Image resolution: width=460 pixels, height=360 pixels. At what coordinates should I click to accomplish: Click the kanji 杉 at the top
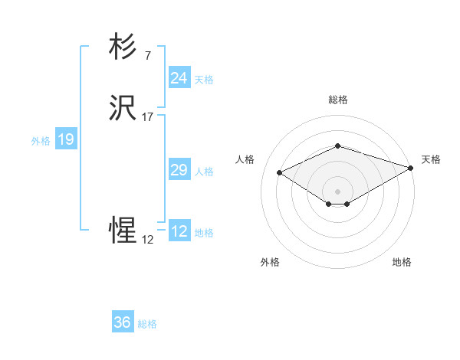[123, 48]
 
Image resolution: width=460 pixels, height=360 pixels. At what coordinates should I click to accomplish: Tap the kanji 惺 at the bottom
[123, 230]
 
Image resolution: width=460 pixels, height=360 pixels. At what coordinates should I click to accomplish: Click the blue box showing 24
[179, 78]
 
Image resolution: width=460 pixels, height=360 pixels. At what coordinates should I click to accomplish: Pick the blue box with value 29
[179, 170]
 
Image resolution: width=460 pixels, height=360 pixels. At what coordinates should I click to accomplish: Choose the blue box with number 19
[65, 139]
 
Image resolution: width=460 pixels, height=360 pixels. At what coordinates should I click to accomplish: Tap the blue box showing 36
[122, 322]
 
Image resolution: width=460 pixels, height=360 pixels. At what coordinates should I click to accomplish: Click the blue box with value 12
[179, 231]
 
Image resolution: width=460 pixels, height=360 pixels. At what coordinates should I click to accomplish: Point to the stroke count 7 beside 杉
[147, 56]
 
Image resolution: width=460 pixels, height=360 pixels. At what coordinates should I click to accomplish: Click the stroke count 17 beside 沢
[147, 117]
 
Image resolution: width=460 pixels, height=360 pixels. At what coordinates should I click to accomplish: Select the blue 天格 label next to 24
[204, 80]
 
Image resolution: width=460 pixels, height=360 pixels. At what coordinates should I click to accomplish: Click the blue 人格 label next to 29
[204, 172]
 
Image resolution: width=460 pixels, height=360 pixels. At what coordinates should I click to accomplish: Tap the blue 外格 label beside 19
[41, 141]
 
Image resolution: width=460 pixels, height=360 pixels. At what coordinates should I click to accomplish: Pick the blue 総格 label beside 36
[147, 324]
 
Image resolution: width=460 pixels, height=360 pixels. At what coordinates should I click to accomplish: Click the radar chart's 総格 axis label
[338, 100]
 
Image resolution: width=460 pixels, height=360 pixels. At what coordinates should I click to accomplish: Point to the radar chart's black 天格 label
[431, 159]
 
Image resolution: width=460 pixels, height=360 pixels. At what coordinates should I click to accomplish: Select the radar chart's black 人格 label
[245, 159]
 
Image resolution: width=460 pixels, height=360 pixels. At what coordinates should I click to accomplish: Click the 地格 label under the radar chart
[402, 262]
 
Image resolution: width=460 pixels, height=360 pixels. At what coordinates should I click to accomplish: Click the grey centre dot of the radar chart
[338, 191]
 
